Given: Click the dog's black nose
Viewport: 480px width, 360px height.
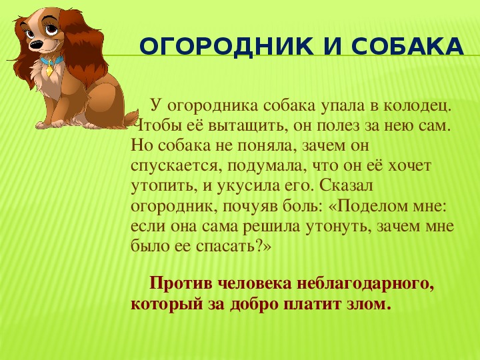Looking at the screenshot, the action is point(35,45).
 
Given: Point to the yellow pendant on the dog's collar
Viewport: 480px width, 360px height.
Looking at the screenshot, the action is point(49,71).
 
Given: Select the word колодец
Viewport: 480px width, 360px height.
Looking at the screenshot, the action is point(418,106).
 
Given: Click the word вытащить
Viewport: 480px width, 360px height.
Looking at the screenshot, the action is point(248,126).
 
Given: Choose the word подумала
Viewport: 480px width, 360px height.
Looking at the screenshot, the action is point(267,166).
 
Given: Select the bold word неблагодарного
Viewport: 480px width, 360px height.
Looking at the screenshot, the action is point(365,284).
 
